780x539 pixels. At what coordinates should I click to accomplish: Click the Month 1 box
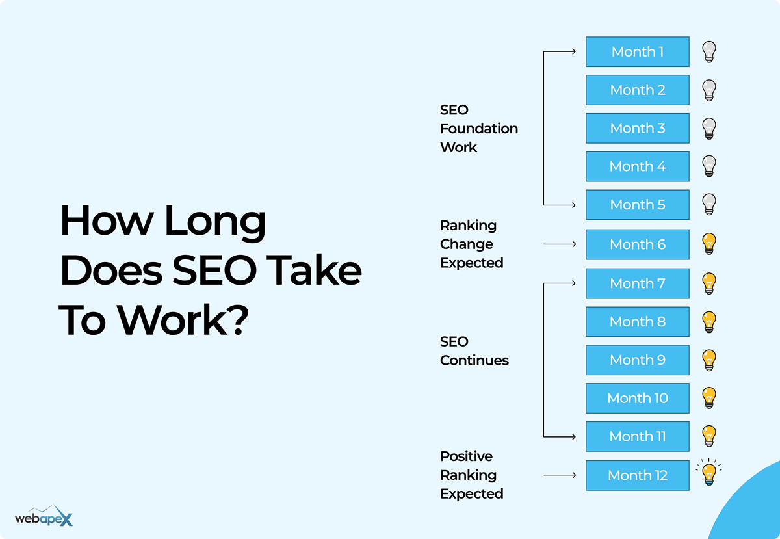pos(637,52)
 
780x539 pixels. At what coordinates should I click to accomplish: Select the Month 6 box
pos(637,244)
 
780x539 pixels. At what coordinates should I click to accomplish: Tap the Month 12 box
pos(637,475)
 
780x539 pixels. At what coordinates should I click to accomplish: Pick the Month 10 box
pos(637,398)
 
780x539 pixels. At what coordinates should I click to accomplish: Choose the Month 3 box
pos(637,128)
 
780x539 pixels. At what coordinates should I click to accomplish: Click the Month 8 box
pos(637,321)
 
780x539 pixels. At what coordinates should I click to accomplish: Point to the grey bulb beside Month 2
pos(709,90)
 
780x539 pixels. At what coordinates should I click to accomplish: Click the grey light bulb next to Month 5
pos(709,205)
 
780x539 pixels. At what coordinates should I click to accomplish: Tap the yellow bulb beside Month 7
pos(709,283)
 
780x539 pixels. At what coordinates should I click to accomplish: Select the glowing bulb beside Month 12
pos(709,474)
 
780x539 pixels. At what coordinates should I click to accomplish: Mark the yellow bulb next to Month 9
pos(709,360)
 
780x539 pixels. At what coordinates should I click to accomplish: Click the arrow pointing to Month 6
pos(559,244)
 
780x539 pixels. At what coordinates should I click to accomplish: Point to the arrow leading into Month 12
pos(559,475)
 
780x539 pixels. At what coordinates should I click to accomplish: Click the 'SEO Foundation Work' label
pos(478,129)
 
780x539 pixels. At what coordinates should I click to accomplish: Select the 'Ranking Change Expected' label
pos(471,244)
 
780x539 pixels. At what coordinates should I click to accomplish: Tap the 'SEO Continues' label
pos(474,351)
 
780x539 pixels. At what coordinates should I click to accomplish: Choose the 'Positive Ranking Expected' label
pos(471,475)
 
